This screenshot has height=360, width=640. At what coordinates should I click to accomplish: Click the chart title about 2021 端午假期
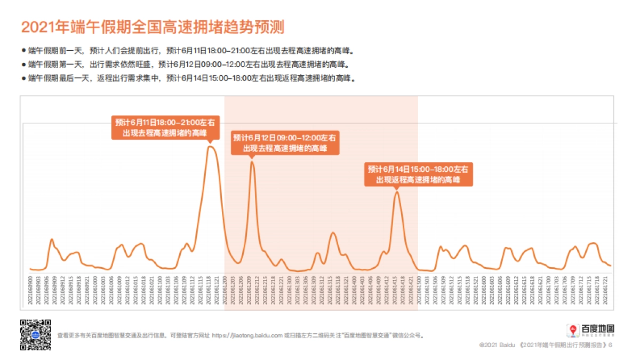(153, 27)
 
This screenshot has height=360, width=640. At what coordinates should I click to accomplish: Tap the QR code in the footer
(35, 335)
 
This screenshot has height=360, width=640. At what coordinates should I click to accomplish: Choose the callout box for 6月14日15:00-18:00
(419, 174)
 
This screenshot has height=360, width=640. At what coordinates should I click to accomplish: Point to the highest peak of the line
(211, 147)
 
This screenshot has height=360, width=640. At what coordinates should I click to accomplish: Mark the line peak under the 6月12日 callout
(252, 162)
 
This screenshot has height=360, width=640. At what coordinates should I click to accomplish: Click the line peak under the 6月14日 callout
(397, 192)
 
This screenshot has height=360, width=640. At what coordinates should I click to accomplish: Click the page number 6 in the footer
(610, 345)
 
